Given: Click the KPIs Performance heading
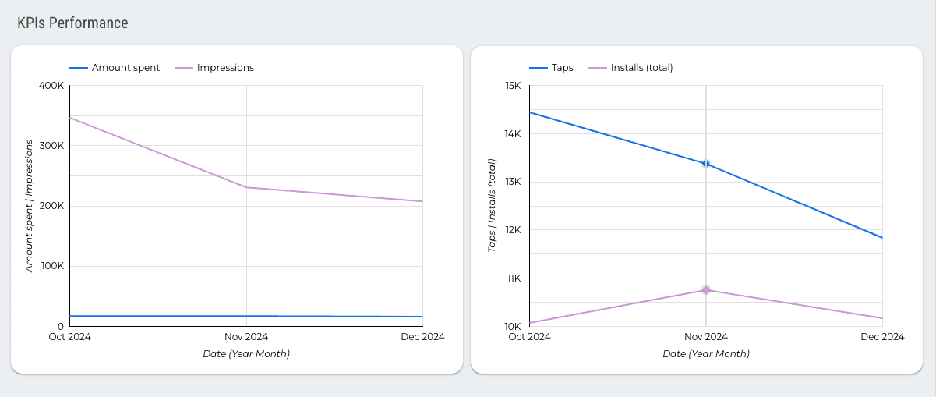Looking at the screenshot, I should pos(72,23).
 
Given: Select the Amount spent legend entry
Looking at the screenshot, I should pos(125,68).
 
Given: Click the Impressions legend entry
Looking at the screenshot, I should pos(225,68).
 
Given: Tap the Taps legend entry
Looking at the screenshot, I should pos(562,68).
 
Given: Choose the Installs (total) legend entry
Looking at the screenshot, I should pos(641,68).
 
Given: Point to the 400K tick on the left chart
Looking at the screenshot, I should pos(51,86).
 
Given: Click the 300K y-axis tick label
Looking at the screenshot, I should pos(51,146).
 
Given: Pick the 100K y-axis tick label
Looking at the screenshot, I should pos(51,266).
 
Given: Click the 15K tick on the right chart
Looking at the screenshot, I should pos(513,86).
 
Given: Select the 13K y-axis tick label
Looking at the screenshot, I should pos(513,182).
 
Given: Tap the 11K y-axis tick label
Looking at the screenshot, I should pos(513,278).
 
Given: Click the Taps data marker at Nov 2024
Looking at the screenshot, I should pos(706,164).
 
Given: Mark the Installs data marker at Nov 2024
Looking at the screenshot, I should pos(706,290).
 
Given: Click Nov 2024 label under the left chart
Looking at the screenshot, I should pos(246,337).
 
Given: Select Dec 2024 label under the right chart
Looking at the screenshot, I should pos(882,337).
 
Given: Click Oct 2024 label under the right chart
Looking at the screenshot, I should pos(529,337).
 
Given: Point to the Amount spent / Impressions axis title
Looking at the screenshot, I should pos(29,206).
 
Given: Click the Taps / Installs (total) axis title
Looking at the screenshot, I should pos(492,206).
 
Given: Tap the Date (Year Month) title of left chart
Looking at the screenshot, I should pos(246,354).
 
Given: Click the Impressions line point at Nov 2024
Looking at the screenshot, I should pos(246,187).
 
